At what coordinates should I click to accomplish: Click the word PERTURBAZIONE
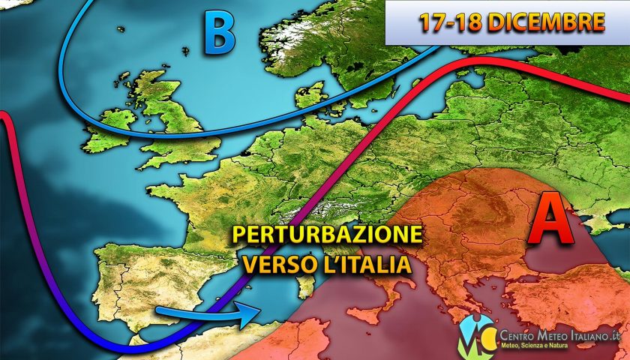coord(326,235)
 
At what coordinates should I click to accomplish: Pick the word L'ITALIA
coord(373,264)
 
